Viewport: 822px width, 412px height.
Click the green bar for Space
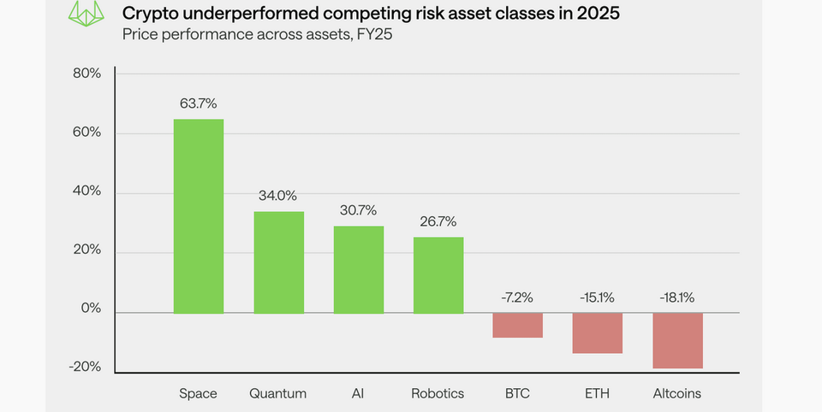(x=199, y=215)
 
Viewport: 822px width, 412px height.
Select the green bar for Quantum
(x=278, y=262)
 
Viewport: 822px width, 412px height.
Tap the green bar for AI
(x=358, y=269)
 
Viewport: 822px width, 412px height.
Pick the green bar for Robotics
(x=438, y=274)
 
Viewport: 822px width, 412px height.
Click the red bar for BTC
(x=518, y=325)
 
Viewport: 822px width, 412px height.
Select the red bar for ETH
(x=598, y=333)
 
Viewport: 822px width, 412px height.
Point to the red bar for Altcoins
(x=677, y=340)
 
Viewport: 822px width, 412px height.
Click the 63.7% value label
(x=199, y=104)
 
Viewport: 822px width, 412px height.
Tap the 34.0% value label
(x=278, y=196)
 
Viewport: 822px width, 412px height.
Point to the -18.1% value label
(x=677, y=297)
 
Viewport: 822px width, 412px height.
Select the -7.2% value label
(x=518, y=297)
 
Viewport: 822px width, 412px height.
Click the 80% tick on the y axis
(x=86, y=74)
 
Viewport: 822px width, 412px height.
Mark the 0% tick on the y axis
(x=90, y=309)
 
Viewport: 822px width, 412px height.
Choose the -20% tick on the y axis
(x=84, y=367)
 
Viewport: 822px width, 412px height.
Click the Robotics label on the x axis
(x=438, y=393)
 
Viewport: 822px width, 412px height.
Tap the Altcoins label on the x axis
(x=677, y=393)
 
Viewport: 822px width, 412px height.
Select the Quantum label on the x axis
(x=278, y=393)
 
